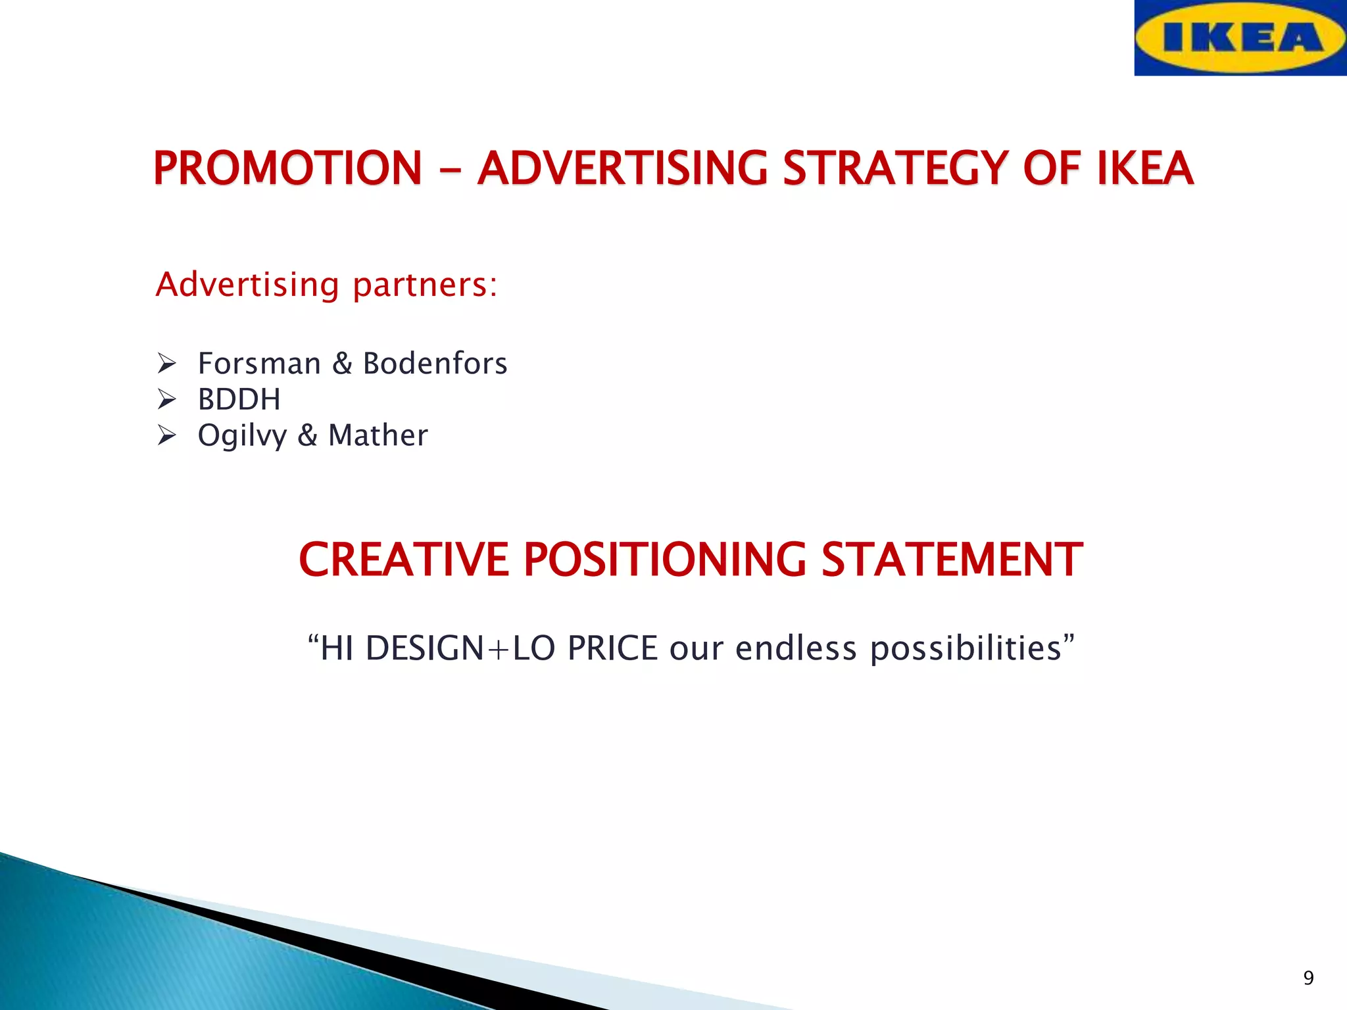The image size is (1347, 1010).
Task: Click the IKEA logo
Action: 1240,37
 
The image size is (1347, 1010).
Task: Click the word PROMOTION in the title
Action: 287,168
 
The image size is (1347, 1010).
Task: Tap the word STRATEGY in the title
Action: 894,168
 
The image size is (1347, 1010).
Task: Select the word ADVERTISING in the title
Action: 622,168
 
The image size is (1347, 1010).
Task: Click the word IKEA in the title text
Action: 1144,168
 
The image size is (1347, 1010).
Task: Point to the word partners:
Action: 425,285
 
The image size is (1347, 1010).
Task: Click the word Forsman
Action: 259,364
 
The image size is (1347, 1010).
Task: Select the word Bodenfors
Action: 435,364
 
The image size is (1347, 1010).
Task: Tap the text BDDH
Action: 239,400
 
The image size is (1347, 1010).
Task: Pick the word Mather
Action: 378,435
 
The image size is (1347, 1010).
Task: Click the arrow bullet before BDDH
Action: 167,399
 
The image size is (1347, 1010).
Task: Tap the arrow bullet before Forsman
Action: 167,363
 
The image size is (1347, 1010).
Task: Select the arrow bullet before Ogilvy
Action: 167,435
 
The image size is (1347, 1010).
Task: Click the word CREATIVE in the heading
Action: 403,560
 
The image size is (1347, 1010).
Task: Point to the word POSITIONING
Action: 664,560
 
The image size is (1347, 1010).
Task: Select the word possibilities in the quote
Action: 966,650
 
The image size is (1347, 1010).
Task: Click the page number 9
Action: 1308,978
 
